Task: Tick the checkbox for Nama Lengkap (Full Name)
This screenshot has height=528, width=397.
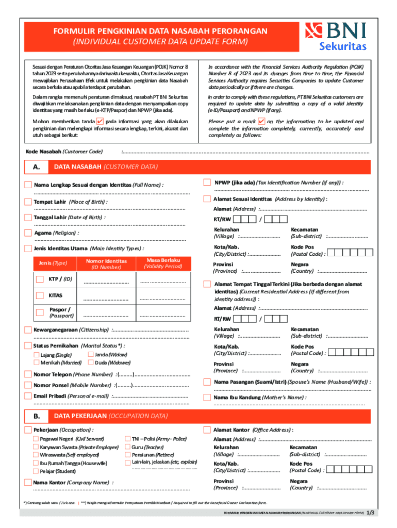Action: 28,185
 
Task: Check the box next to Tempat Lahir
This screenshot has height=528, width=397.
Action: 28,201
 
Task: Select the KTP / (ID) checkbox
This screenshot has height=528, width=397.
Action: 40,279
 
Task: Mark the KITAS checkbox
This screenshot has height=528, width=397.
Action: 40,295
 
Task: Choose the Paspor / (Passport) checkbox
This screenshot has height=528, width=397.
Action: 40,312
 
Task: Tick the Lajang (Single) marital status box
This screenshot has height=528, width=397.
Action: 37,355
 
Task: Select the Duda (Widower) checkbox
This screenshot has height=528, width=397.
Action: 91,362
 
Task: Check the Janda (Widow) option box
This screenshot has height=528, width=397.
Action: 91,355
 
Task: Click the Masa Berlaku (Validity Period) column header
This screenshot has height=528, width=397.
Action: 163,263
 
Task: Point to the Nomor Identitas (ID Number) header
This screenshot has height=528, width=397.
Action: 106,264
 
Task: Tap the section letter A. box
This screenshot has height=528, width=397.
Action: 36,167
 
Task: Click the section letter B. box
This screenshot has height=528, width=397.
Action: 36,416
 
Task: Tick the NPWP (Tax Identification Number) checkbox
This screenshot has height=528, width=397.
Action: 207,183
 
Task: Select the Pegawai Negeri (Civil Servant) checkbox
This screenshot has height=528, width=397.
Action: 37,439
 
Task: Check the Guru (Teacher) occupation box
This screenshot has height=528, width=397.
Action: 127,447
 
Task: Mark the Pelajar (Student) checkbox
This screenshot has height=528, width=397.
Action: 37,471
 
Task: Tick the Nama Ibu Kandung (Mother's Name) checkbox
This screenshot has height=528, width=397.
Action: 207,398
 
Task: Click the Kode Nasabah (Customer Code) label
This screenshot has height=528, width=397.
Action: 64,152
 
